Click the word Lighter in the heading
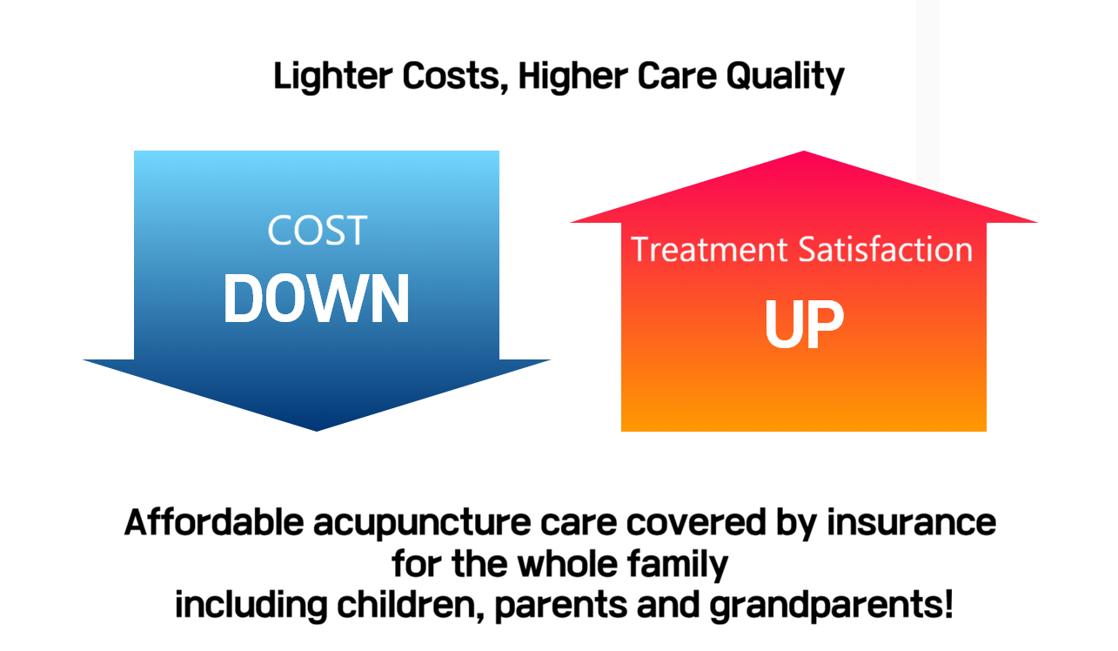click(x=333, y=77)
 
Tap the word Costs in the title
click(x=455, y=77)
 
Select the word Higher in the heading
click(x=572, y=77)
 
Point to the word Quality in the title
click(x=785, y=77)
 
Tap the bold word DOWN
click(x=317, y=299)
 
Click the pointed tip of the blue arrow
click(x=317, y=430)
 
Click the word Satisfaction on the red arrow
click(x=886, y=249)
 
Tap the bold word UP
click(x=804, y=323)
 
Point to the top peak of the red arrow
click(x=804, y=151)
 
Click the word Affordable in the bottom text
click(x=214, y=523)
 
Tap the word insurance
click(x=912, y=523)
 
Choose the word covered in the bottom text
click(x=696, y=523)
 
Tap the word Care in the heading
click(x=677, y=77)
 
